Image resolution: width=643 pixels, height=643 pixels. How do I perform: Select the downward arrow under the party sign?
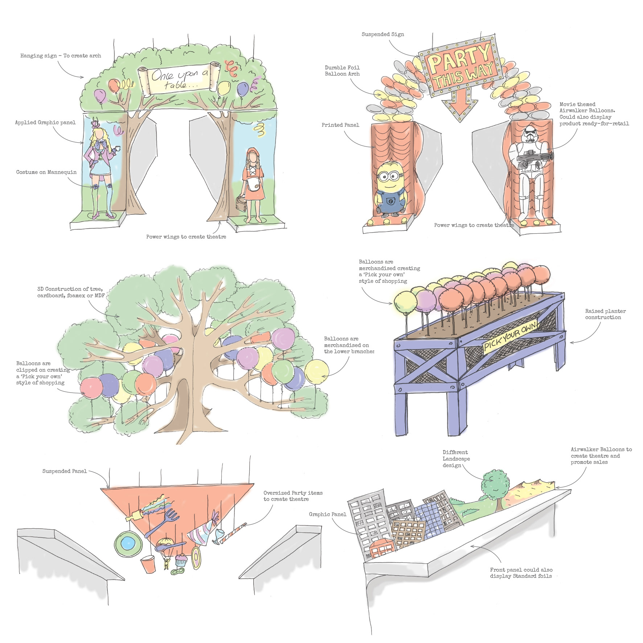pyautogui.click(x=459, y=105)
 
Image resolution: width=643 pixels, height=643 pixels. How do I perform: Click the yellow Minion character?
pyautogui.click(x=389, y=189)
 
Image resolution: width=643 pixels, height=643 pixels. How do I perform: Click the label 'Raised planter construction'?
pyautogui.click(x=605, y=314)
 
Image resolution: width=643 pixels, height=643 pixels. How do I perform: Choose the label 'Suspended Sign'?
pyautogui.click(x=382, y=34)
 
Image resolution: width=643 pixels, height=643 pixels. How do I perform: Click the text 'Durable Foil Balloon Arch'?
pyautogui.click(x=342, y=71)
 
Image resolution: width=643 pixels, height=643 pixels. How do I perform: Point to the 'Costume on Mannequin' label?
pyautogui.click(x=46, y=172)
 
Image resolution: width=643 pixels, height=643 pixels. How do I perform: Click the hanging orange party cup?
pyautogui.click(x=148, y=564)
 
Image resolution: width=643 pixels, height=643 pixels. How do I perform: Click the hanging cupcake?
pyautogui.click(x=181, y=560)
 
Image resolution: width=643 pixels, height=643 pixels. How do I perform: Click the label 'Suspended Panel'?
pyautogui.click(x=64, y=471)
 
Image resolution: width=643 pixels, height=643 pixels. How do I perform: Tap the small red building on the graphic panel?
pyautogui.click(x=381, y=548)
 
